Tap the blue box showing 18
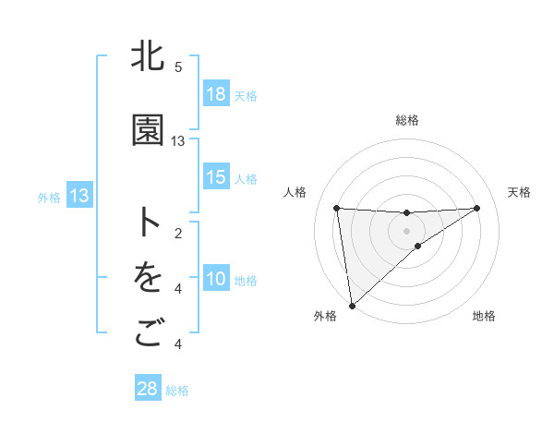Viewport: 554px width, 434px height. click(x=216, y=95)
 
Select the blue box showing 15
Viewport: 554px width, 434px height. click(x=216, y=178)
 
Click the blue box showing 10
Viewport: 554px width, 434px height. click(x=216, y=280)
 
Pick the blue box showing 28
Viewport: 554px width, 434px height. click(x=148, y=389)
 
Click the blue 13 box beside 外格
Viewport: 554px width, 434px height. click(x=79, y=196)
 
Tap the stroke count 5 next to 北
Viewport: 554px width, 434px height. click(x=178, y=66)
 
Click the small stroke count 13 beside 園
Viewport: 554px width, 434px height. click(x=178, y=140)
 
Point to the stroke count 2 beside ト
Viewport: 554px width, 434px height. click(x=178, y=233)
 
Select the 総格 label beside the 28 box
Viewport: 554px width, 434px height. click(x=177, y=390)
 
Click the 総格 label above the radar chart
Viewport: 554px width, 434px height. click(x=406, y=120)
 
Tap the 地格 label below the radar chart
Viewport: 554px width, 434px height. click(x=484, y=316)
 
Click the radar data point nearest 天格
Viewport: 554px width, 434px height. click(x=476, y=208)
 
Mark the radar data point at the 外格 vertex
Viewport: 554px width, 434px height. click(x=351, y=305)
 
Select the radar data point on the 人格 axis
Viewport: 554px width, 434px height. click(x=337, y=208)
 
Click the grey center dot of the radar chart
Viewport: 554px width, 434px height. click(x=406, y=229)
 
